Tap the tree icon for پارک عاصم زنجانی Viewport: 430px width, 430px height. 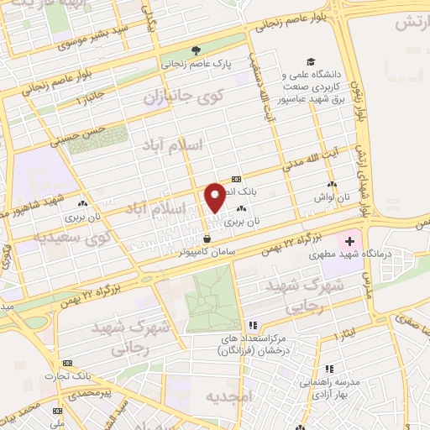coord(196,50)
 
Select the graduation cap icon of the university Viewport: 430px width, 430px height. coord(311,63)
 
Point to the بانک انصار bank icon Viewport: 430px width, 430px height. coord(235,179)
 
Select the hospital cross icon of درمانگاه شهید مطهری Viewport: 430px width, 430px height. coord(350,242)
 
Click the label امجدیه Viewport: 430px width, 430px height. coord(250,396)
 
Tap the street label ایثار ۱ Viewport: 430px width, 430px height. coord(344,335)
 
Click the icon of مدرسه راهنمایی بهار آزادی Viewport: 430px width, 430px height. coord(330,370)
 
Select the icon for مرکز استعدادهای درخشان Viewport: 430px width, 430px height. coord(251,326)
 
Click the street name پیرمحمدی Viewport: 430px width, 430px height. coord(89,392)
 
